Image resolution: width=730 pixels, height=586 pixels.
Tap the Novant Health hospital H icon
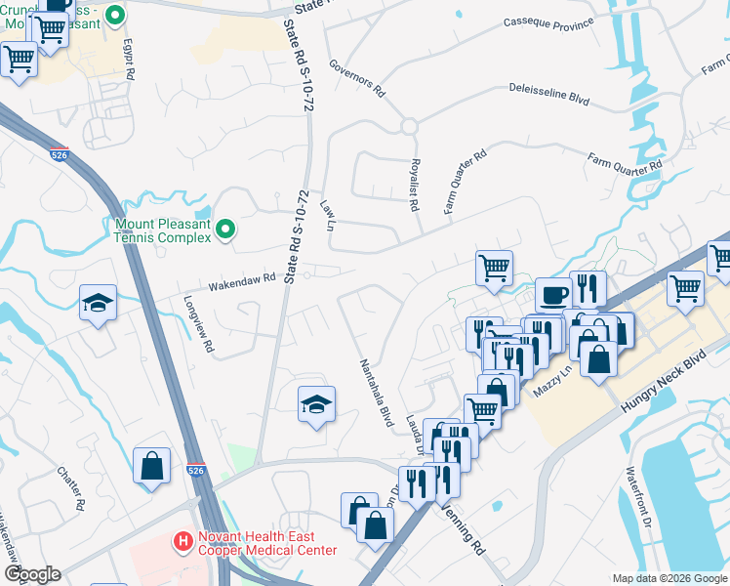[181, 540]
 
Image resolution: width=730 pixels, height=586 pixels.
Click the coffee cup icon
[553, 294]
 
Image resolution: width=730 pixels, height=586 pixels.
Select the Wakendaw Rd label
[242, 281]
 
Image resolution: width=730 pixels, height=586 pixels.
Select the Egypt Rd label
[128, 59]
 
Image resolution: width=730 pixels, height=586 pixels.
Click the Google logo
[32, 574]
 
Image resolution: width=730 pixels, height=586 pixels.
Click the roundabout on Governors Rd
[408, 126]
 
